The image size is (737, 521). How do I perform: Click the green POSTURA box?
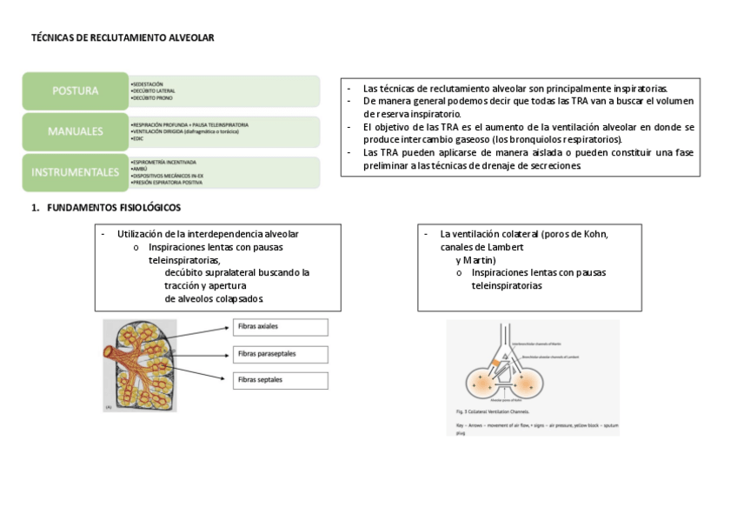point(75,90)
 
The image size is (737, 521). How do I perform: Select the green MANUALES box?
point(75,131)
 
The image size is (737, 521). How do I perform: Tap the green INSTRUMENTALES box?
point(75,172)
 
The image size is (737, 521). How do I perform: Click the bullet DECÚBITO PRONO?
point(153,98)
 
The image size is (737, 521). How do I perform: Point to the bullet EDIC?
point(137,139)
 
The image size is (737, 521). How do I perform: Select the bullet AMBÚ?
point(139,169)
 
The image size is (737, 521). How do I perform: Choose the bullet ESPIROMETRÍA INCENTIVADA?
point(164,162)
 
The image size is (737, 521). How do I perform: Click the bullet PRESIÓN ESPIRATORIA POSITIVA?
point(167,183)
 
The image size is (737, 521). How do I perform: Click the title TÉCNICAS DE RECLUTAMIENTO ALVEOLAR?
point(123,38)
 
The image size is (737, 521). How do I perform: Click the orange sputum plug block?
point(495,361)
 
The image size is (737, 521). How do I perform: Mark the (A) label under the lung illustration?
point(109,405)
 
